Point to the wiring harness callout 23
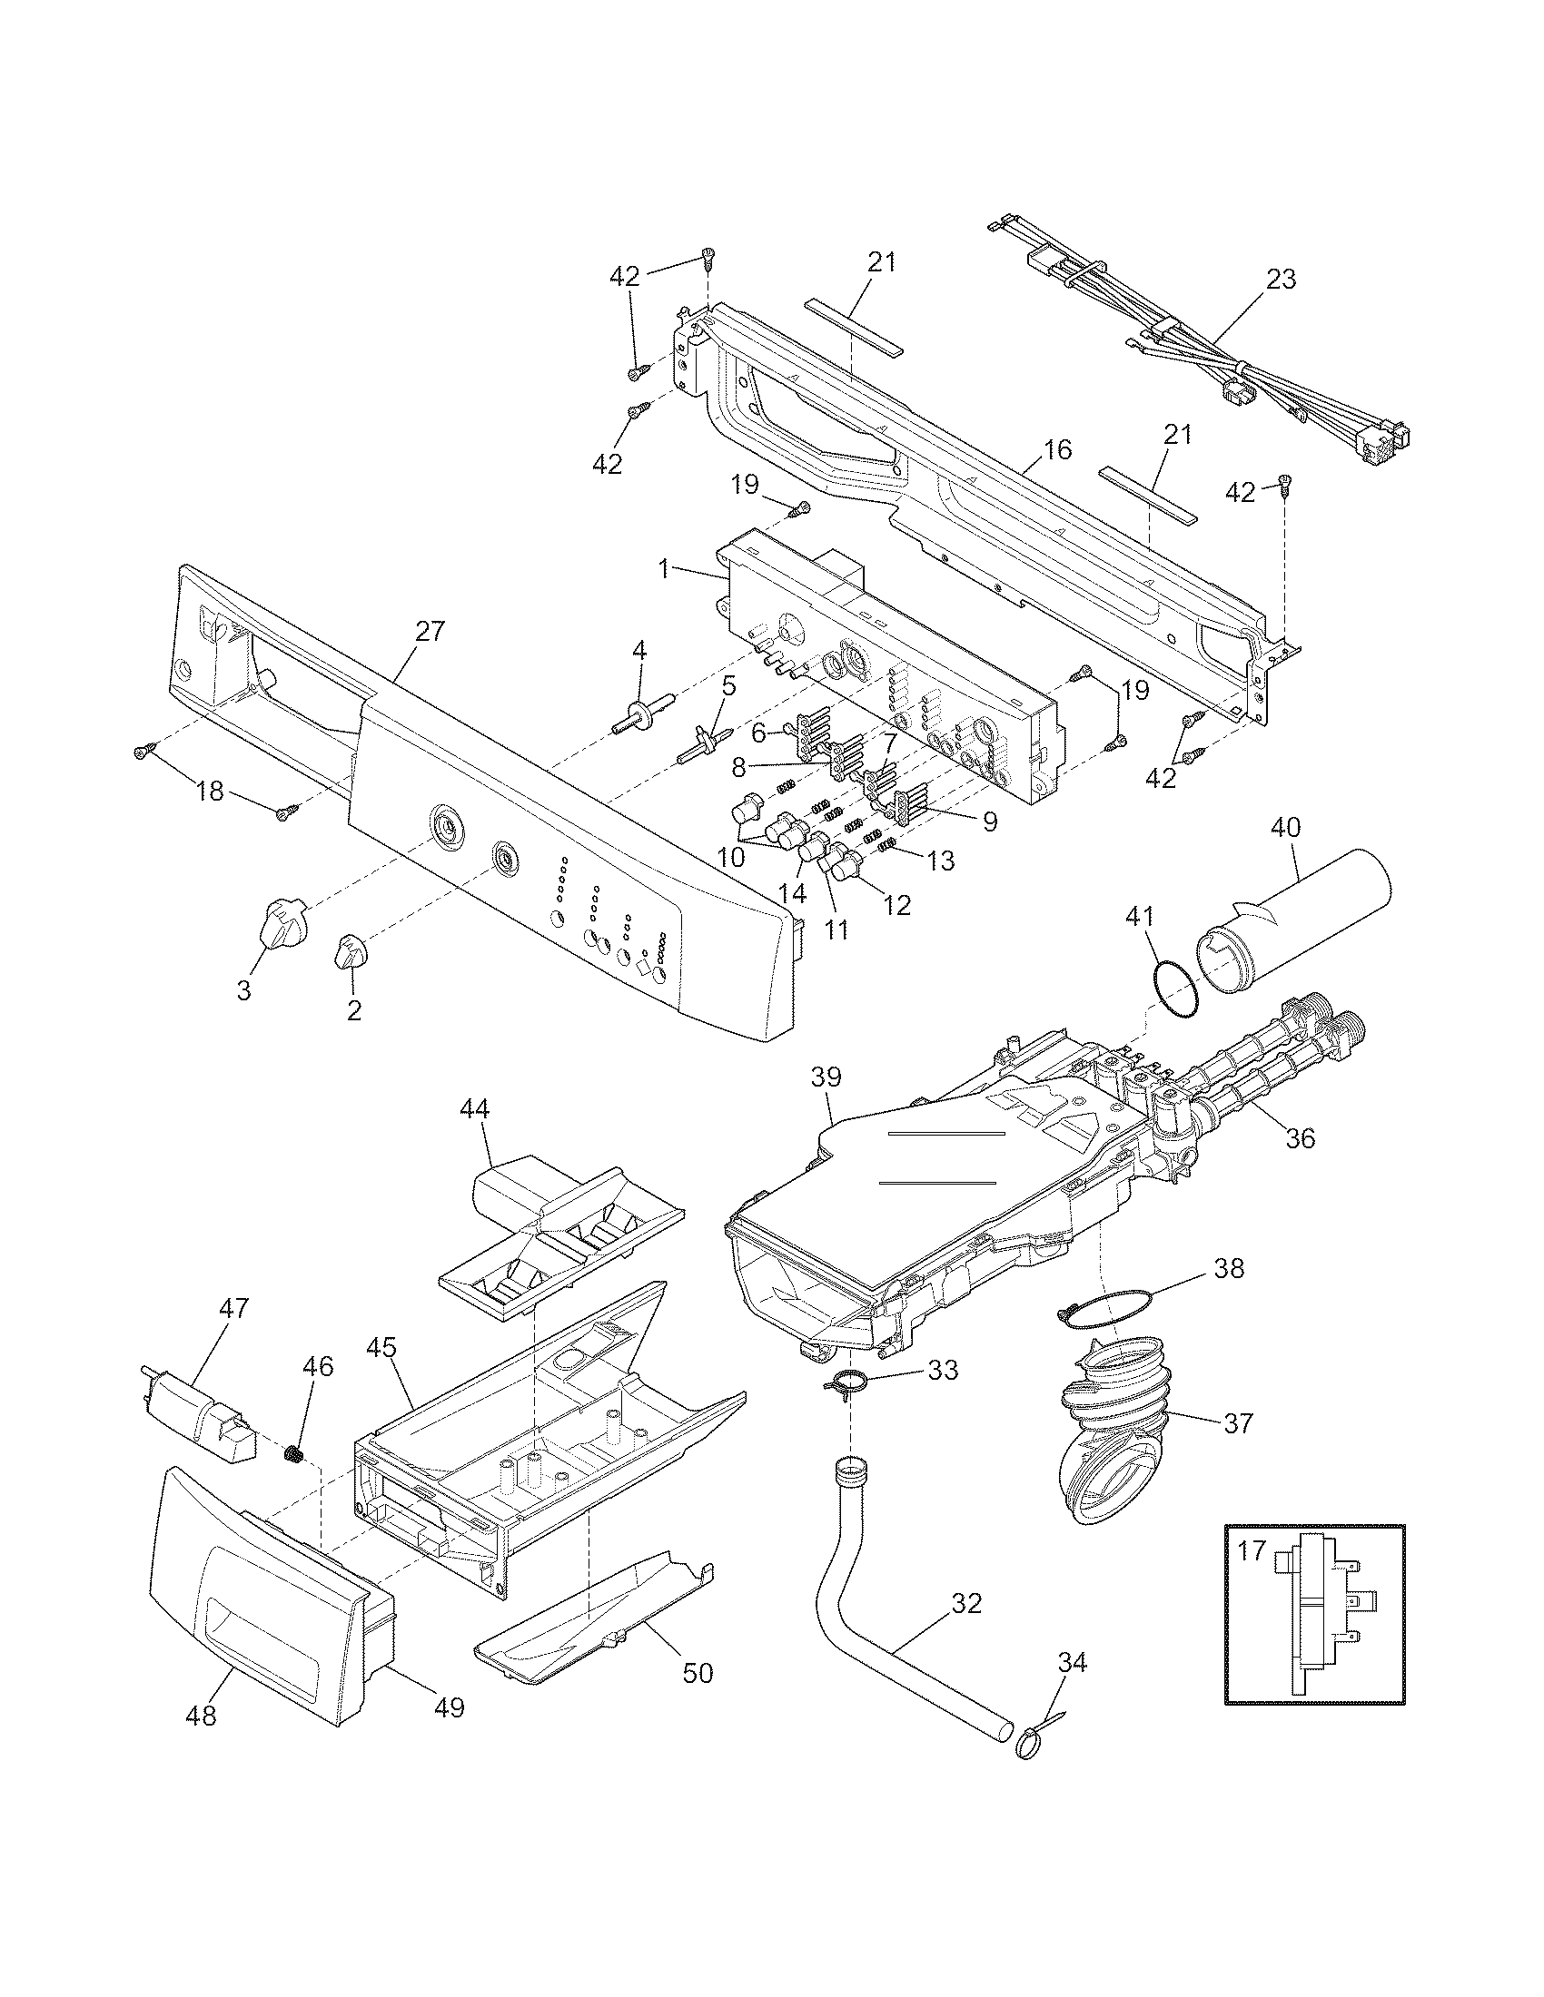[1281, 280]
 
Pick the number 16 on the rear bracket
[1056, 450]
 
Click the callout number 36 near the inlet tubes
[1300, 1138]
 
